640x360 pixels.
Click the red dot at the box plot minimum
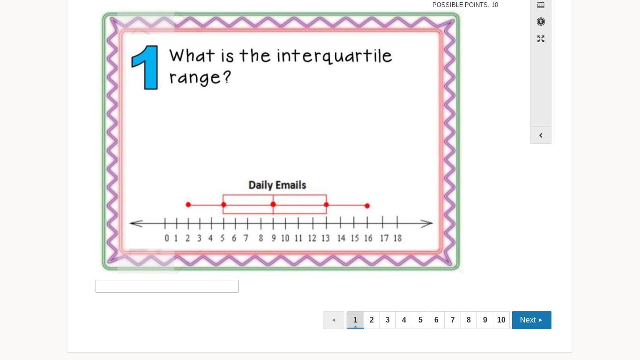pyautogui.click(x=188, y=204)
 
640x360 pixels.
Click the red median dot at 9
pyautogui.click(x=273, y=204)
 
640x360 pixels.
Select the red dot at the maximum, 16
pyautogui.click(x=367, y=206)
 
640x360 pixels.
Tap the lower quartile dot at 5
pyautogui.click(x=223, y=204)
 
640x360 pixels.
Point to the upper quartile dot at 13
pyautogui.click(x=326, y=205)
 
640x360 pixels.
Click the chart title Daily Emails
pyautogui.click(x=277, y=185)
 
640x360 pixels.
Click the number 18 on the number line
pyautogui.click(x=398, y=238)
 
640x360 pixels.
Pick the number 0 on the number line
pyautogui.click(x=167, y=238)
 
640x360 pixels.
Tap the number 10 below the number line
pyautogui.click(x=285, y=238)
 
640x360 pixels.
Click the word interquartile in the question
pyautogui.click(x=334, y=56)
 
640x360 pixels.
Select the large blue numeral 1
pyautogui.click(x=145, y=67)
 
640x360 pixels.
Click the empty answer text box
pyautogui.click(x=167, y=286)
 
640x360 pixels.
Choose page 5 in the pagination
pyautogui.click(x=420, y=320)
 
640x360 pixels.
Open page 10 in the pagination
pyautogui.click(x=501, y=320)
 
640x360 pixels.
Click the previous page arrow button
pyautogui.click(x=334, y=320)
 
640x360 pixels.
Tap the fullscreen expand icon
pyautogui.click(x=541, y=39)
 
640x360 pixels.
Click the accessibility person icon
pyautogui.click(x=541, y=22)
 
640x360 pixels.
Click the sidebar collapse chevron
pyautogui.click(x=541, y=135)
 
